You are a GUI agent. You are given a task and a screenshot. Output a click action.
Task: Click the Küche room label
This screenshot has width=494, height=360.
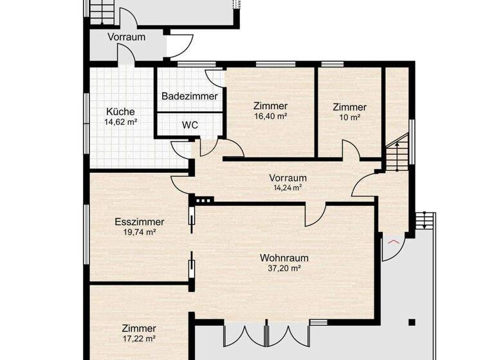pos(121,111)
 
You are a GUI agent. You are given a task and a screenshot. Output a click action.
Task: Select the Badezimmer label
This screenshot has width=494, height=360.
pos(189,96)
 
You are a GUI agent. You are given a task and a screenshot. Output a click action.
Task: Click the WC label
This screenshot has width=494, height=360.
pos(190,124)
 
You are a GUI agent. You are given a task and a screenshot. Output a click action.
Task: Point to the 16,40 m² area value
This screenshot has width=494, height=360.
pos(270,117)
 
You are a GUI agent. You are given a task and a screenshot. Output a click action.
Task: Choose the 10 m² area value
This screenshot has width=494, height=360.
pos(349,118)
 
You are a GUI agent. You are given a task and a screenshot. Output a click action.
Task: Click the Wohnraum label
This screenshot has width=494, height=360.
pos(284,258)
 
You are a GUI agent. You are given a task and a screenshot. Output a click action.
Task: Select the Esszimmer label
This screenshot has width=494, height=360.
pos(140,222)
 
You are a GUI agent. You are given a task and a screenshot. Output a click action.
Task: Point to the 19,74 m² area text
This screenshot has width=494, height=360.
pos(140,232)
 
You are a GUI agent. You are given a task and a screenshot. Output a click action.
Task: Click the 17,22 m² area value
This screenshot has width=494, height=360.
pos(140,337)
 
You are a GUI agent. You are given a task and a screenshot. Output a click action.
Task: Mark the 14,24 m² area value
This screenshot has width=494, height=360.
pos(288,188)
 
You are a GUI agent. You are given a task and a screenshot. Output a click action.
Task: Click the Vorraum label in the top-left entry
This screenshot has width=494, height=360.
pos(126,37)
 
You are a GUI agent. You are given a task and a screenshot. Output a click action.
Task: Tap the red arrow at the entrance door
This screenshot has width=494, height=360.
pos(393,241)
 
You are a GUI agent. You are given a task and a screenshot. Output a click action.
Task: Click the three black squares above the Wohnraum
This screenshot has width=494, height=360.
pos(203,201)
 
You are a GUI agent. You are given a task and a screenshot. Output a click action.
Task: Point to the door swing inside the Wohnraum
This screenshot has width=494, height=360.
pos(315,216)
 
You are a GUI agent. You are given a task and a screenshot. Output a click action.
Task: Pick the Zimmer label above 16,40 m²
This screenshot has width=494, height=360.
pos(270,106)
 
